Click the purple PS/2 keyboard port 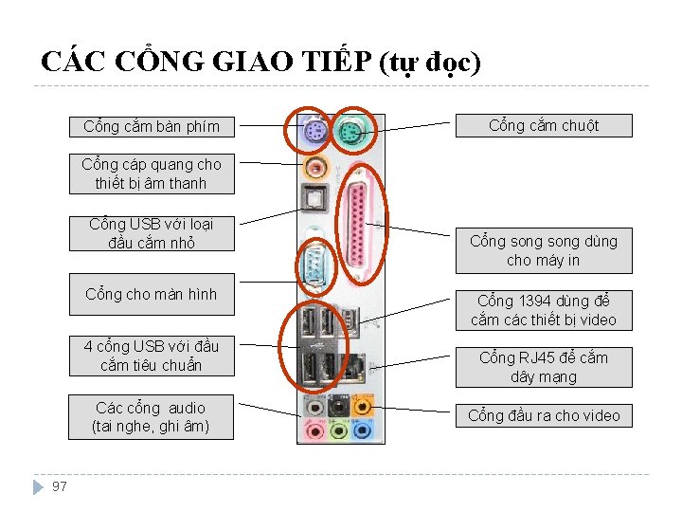coord(314,134)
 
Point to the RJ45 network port coord(357,368)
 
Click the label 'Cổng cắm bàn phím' coord(152,126)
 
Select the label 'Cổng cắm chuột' coord(544,125)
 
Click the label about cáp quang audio coord(152,174)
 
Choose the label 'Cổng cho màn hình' coord(152,294)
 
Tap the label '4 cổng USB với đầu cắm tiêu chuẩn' coord(152,356)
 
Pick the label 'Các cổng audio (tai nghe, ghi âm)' coord(152,417)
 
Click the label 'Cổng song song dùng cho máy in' coord(544,250)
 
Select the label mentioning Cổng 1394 coord(544,310)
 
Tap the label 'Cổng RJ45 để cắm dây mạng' coord(544,367)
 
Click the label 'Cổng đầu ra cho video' coord(544,415)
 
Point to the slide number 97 coord(60,486)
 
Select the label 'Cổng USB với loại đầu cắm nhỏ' coord(152,233)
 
